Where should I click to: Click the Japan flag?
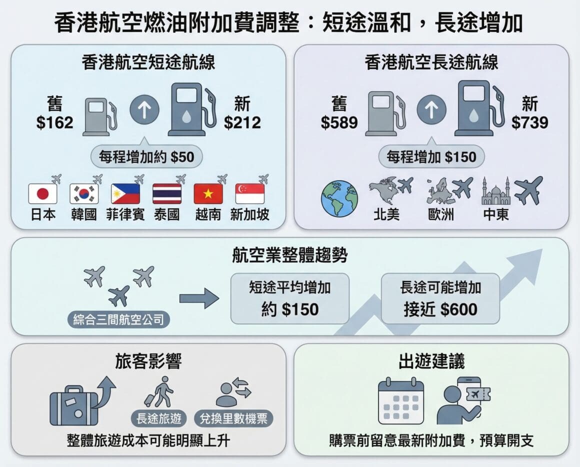tap(42, 194)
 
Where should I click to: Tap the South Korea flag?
tap(84, 194)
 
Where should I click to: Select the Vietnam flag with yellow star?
tap(208, 194)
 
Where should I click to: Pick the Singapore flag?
tap(249, 194)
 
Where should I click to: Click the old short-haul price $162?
tap(55, 122)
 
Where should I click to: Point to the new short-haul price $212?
tap(242, 122)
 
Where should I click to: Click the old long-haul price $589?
tap(339, 122)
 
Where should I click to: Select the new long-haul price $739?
tap(529, 122)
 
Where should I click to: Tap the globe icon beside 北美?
tap(339, 198)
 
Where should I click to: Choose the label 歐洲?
tap(441, 215)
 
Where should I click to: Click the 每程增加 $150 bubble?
tap(431, 157)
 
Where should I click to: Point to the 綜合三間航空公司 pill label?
tap(118, 319)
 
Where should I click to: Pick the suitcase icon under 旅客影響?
tap(74, 405)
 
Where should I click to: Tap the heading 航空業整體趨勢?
tap(290, 255)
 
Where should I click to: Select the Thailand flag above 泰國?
tap(166, 194)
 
